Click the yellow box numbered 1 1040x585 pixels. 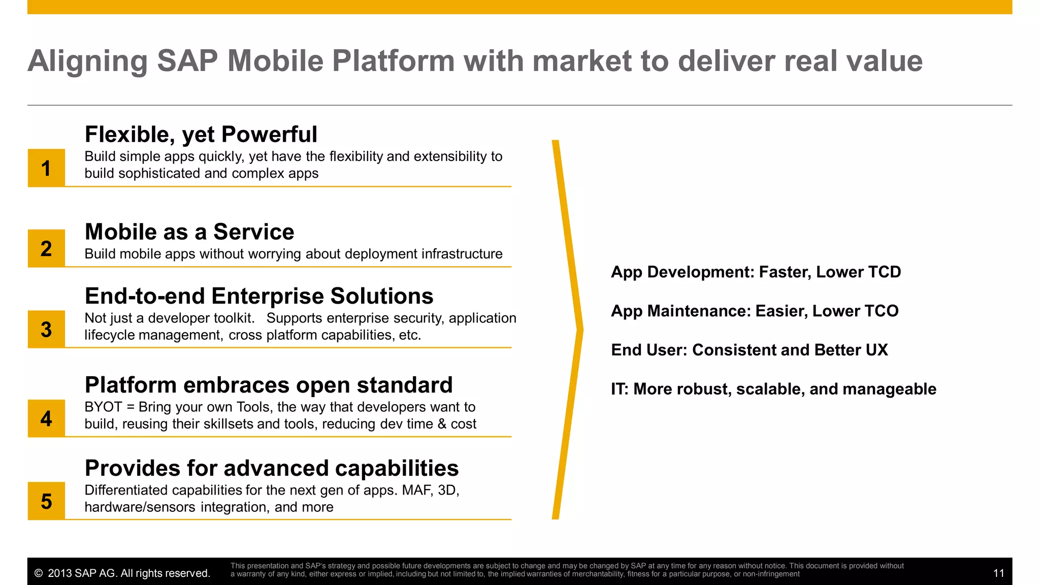(x=46, y=168)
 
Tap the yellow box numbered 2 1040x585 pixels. (x=46, y=248)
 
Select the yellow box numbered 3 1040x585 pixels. (x=46, y=329)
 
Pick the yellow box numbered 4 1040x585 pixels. (x=46, y=418)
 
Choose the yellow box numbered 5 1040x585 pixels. (x=46, y=501)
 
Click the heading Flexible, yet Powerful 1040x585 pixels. (x=201, y=135)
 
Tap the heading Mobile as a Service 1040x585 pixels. (x=189, y=232)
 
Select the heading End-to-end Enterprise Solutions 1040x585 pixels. (x=259, y=296)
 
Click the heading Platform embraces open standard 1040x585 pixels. (x=269, y=385)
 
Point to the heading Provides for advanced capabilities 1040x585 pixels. (x=272, y=468)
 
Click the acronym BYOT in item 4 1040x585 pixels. (x=103, y=407)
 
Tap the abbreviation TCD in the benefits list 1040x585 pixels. (x=884, y=272)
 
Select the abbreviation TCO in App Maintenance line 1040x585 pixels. (x=882, y=311)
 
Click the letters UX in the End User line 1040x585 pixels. (x=877, y=350)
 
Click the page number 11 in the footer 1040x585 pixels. (x=998, y=573)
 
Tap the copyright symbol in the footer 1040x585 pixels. (x=39, y=573)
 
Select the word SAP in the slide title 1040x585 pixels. (x=187, y=61)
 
